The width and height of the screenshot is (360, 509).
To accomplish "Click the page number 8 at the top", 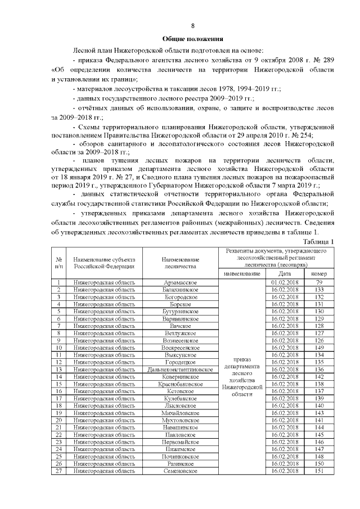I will [x=193, y=26].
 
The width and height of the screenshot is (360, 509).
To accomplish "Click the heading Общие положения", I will [x=193, y=39].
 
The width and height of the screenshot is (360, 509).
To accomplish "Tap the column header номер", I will [x=319, y=273].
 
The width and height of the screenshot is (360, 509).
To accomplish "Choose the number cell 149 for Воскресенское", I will [x=319, y=348].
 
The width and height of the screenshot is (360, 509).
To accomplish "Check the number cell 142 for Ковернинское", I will [x=319, y=377].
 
